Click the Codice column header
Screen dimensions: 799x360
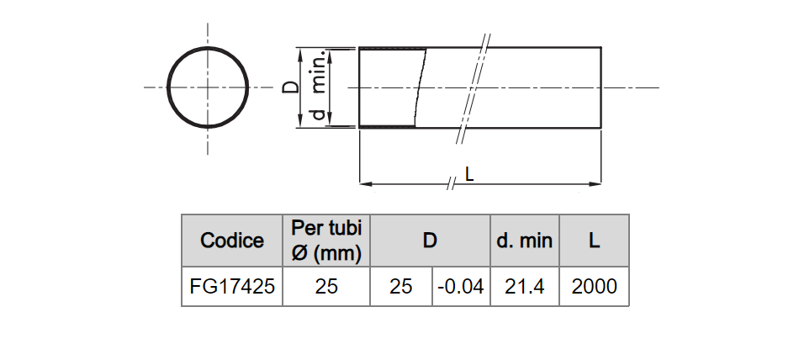[x=232, y=241]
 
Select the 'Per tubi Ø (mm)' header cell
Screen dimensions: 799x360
[x=326, y=241]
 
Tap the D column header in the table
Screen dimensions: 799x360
[x=430, y=241]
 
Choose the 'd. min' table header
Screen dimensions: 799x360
[x=524, y=241]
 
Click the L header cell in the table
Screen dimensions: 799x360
[x=594, y=241]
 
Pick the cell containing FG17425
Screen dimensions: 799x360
[x=232, y=287]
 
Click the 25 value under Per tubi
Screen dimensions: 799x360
[x=326, y=287]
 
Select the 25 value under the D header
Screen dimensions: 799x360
[x=401, y=287]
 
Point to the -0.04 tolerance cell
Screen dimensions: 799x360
[x=461, y=287]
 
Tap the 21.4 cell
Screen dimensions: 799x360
[x=524, y=287]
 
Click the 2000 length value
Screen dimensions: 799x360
[x=594, y=287]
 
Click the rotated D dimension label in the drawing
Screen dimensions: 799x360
[x=290, y=87]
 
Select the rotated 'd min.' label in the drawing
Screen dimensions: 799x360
[x=319, y=85]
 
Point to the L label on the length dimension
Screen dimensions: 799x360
[x=469, y=175]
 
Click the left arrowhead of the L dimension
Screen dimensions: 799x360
[x=365, y=183]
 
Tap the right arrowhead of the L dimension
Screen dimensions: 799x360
[x=595, y=183]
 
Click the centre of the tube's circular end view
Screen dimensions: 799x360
[x=208, y=87]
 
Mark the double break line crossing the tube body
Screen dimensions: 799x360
[x=473, y=88]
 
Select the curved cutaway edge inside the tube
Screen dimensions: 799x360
[x=420, y=87]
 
